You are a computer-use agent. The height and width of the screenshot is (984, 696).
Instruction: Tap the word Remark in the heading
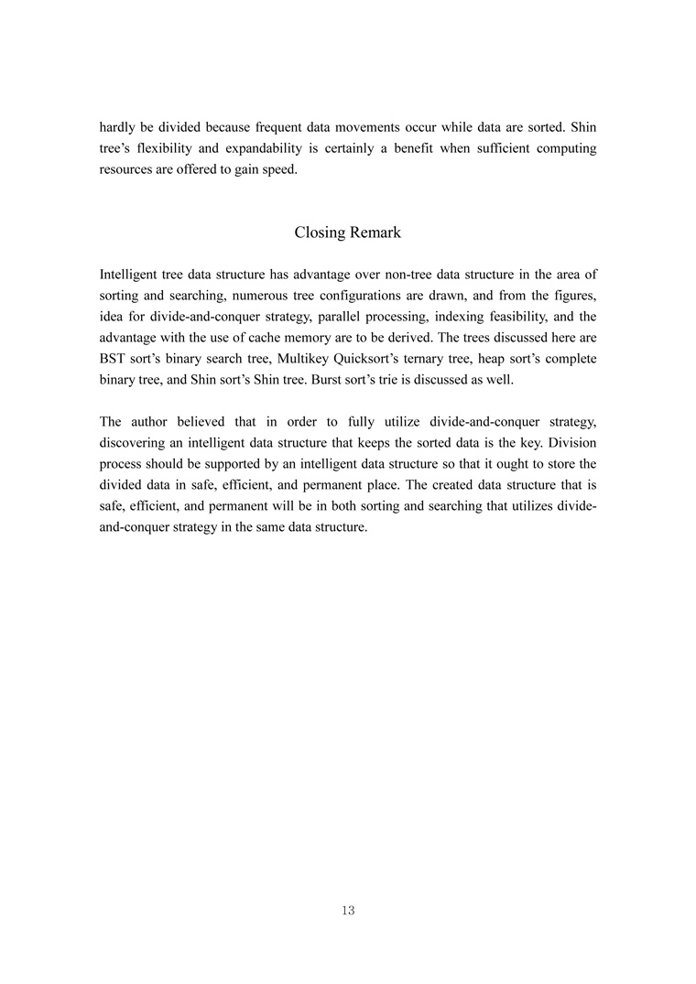click(x=374, y=232)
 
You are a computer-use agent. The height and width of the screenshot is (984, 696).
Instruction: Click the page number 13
click(x=347, y=910)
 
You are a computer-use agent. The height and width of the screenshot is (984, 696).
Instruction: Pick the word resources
click(x=125, y=170)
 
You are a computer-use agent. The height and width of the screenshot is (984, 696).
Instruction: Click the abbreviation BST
click(x=114, y=362)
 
